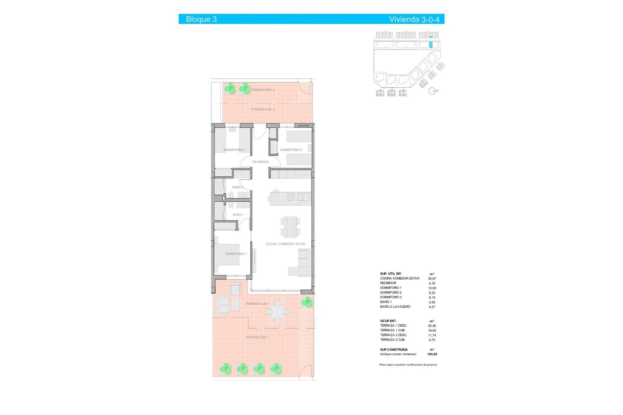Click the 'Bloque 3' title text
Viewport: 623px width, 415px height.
201,19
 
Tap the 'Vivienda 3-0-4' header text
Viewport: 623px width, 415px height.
414,19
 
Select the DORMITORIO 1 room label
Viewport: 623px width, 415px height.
236,254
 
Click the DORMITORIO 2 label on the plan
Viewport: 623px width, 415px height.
234,150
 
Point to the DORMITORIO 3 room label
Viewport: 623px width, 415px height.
291,150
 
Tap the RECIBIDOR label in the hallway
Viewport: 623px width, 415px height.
260,162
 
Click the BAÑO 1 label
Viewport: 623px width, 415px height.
238,215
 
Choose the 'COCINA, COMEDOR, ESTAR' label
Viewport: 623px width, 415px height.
285,244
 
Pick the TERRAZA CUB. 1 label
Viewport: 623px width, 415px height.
257,304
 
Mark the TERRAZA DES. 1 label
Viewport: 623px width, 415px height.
257,337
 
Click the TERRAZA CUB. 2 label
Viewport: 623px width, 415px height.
263,110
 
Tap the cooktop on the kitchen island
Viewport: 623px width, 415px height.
290,197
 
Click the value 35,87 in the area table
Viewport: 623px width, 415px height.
432,279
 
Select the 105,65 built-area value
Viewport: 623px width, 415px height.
432,354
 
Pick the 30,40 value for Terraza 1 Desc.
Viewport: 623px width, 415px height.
432,326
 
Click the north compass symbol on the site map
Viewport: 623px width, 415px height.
432,91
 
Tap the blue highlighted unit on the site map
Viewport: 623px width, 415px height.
431,45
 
